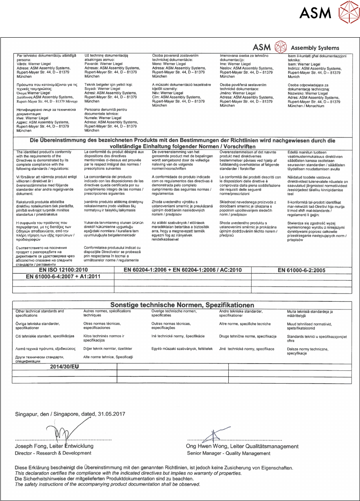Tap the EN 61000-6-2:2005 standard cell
click(x=301, y=270)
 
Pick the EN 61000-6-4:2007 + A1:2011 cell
click(x=63, y=277)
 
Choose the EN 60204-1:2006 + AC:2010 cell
click(x=182, y=270)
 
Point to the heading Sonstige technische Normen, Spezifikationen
click(x=182, y=305)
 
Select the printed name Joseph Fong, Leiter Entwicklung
click(x=54, y=446)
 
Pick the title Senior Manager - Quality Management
click(x=228, y=454)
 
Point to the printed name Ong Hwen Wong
click(x=207, y=446)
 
